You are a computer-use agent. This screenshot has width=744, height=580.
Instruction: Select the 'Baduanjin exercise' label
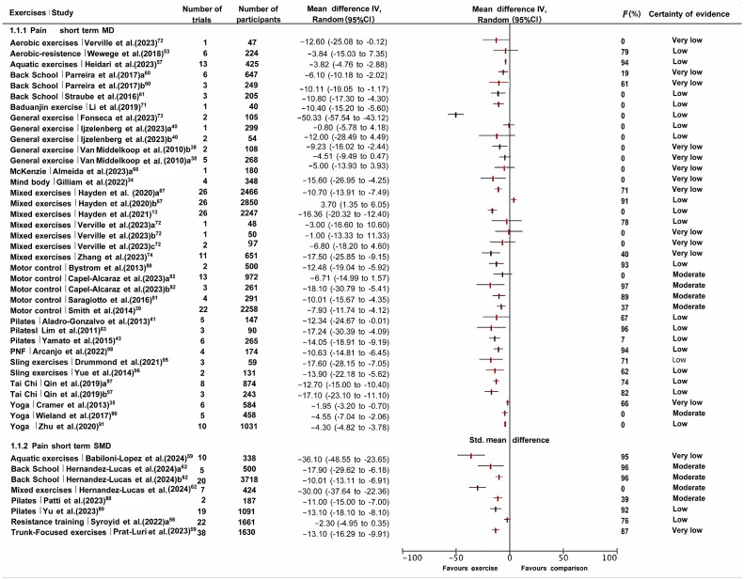click(x=42, y=104)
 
